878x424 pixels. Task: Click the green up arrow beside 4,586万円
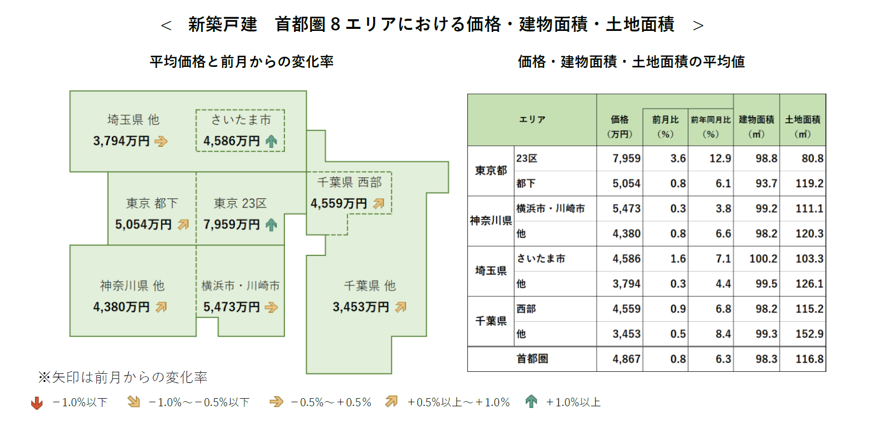(271, 141)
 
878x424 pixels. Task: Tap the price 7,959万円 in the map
(232, 224)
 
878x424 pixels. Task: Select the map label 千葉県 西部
(349, 182)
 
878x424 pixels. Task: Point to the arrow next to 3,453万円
(401, 307)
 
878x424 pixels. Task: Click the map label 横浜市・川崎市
(240, 286)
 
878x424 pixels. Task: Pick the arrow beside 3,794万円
(161, 141)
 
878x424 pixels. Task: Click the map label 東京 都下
(152, 204)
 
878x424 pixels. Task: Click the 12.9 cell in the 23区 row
(720, 159)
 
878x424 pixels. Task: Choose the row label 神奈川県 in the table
(491, 221)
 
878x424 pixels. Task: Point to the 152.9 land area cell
(809, 334)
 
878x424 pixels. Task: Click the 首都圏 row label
(532, 359)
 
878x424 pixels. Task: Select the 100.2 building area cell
(763, 259)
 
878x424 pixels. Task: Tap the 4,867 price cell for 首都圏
(626, 359)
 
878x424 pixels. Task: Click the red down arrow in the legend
(37, 403)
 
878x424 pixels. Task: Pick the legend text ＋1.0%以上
(573, 403)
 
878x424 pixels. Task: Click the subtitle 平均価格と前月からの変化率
(241, 62)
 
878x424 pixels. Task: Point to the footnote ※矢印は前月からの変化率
(123, 377)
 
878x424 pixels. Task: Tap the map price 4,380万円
(121, 307)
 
